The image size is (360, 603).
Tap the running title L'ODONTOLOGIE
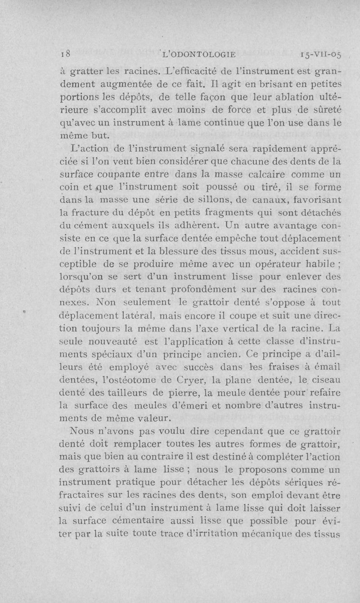tap(199, 54)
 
